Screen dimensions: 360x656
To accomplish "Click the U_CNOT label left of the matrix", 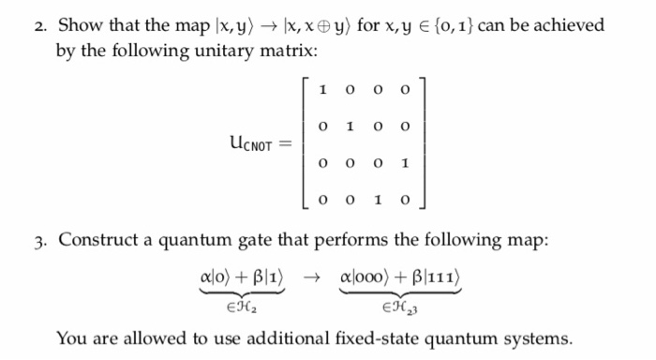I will pyautogui.click(x=251, y=145).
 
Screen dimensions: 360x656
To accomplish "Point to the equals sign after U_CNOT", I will pyautogui.click(x=287, y=145).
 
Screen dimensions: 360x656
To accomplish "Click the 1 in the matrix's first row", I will pyautogui.click(x=322, y=91).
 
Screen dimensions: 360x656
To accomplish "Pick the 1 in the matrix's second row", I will pyautogui.click(x=349, y=126).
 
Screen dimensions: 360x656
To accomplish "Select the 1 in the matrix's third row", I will pyautogui.click(x=403, y=163).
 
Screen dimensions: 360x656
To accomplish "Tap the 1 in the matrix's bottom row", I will pyautogui.click(x=376, y=200).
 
